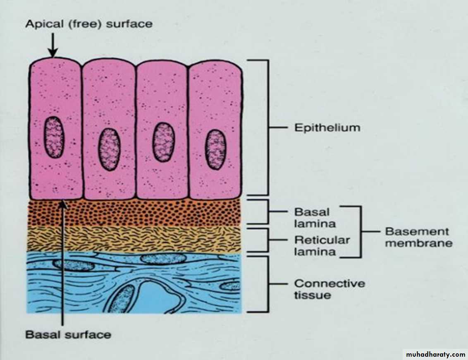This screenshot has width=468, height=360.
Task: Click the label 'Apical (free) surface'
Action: point(89,24)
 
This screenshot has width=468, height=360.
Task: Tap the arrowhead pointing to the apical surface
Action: point(53,53)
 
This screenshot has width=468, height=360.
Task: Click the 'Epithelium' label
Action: point(327,128)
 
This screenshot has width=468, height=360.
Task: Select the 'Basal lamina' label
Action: point(315,218)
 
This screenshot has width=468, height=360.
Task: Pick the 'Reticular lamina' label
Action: point(322,245)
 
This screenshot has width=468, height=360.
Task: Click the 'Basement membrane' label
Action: point(419,237)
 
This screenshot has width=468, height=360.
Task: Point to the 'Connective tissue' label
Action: point(330,289)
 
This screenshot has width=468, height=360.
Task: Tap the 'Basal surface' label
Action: point(68,335)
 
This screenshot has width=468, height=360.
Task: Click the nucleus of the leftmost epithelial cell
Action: point(54,137)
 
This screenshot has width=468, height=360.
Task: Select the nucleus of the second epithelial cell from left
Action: point(109,149)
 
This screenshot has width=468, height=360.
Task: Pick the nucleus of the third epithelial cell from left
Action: point(164,142)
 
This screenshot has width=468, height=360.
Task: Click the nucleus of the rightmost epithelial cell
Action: point(215,149)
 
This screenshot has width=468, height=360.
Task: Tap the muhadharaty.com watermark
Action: point(435,355)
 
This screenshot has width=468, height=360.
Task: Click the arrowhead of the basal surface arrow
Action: point(63,205)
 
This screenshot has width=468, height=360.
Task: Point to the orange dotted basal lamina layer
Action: point(134,213)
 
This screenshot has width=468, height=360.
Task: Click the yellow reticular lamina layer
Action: point(134,239)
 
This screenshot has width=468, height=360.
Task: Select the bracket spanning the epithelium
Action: point(268,127)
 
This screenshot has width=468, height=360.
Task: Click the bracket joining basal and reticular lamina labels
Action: point(361,232)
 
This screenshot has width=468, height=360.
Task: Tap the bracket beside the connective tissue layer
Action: point(268,284)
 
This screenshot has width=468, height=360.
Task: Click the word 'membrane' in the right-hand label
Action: point(419,243)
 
